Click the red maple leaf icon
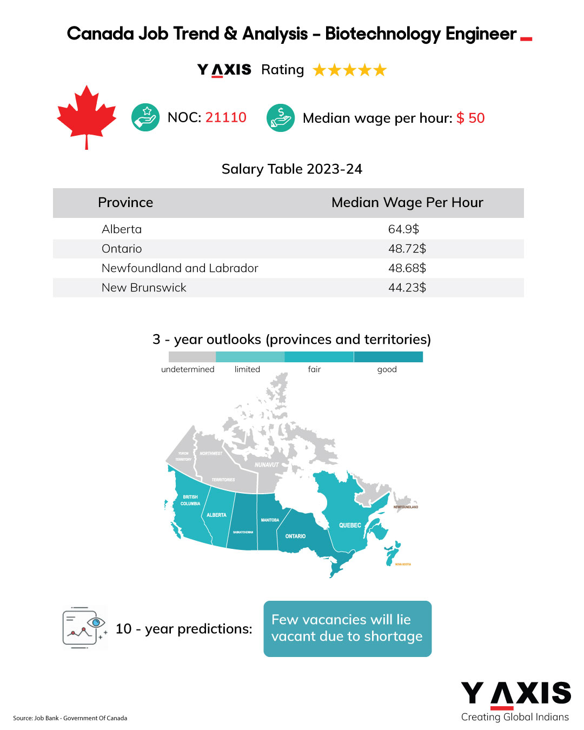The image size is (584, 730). pos(87,116)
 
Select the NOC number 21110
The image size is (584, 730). pos(226,117)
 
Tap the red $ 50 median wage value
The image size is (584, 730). pos(470,118)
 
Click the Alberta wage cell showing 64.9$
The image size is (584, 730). pos(403,229)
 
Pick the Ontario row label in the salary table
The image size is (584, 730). pos(122,249)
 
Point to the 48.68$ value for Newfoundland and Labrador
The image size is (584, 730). pos(407,268)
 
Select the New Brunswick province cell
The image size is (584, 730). pos(144,288)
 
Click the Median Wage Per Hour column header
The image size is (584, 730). pos(407,203)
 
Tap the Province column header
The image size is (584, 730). pos(125,203)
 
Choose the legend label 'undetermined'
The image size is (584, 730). pos(188,369)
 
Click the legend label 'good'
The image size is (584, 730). pos(387,369)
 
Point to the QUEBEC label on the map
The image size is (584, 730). pos(350,525)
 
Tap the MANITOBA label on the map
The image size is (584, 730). pos(270,520)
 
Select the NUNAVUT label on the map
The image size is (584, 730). pos(267,464)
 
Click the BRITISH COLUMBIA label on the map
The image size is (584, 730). pos(190,500)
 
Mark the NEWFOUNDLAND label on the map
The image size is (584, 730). pos(406,507)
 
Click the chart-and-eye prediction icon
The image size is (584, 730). pos(84,628)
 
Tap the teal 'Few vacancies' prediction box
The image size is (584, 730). pos(347,628)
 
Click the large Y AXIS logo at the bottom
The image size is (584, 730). pos(515,694)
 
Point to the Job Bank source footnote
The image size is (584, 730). pos(70,718)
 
